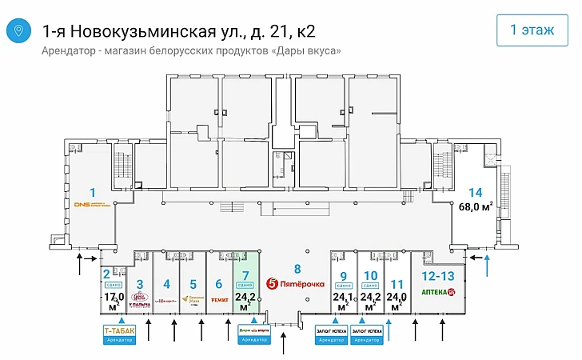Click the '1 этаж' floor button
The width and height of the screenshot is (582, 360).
pos(532,31)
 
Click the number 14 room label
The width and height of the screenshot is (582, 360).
pos(476,192)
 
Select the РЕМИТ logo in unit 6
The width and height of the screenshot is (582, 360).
pos(220,300)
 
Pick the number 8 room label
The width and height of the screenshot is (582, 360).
pos(297,268)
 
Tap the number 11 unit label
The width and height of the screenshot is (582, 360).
pos(396,283)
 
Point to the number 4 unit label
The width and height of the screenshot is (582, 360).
pos(166,283)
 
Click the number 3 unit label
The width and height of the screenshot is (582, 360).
pos(140,283)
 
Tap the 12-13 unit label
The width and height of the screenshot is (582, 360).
pos(437,275)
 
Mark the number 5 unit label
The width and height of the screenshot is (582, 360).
pos(193,283)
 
